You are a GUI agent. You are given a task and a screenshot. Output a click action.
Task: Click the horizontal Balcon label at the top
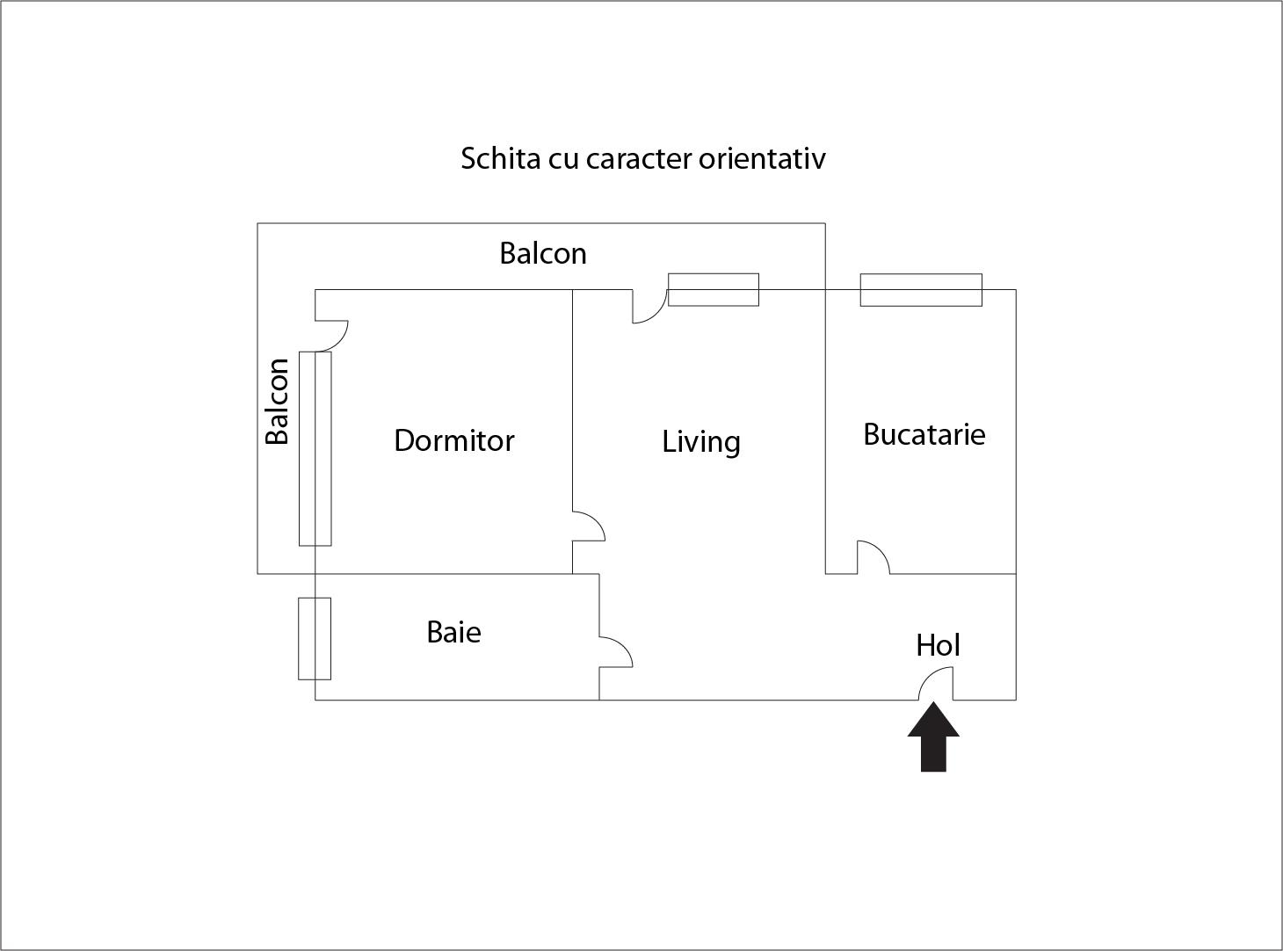(x=543, y=253)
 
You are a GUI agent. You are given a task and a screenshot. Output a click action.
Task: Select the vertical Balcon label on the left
(x=277, y=401)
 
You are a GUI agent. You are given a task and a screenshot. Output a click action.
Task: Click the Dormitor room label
(x=454, y=440)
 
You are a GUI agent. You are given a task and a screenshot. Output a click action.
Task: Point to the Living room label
(x=701, y=442)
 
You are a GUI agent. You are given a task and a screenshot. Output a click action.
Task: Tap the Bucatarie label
(x=924, y=434)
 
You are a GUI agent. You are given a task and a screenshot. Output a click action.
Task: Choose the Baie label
(x=454, y=632)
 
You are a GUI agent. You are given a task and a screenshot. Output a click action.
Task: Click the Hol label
(x=939, y=645)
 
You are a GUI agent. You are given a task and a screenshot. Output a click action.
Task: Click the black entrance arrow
(x=933, y=737)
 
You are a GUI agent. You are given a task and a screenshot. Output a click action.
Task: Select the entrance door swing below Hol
(x=936, y=683)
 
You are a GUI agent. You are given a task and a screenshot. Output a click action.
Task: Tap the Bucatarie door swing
(x=873, y=557)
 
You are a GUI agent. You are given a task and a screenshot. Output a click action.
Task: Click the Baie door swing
(x=616, y=652)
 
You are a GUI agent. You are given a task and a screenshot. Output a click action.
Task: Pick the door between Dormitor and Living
(x=589, y=526)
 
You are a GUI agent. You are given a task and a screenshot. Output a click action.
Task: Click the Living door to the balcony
(x=650, y=306)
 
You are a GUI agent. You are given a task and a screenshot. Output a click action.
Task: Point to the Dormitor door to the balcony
(x=331, y=336)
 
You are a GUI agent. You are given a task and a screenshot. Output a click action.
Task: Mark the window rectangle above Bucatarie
(x=921, y=289)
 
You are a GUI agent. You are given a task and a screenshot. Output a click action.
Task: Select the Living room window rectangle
(x=714, y=289)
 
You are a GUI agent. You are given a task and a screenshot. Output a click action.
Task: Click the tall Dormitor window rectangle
(x=315, y=448)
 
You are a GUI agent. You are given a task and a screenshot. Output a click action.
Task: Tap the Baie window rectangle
(x=315, y=638)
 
